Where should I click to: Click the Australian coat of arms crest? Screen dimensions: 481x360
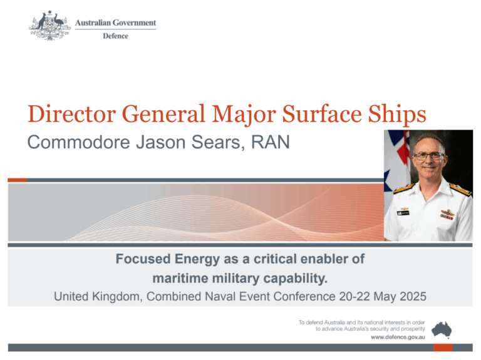(x=49, y=26)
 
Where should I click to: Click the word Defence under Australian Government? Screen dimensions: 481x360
(x=116, y=36)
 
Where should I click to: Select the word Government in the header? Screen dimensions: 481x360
(x=135, y=23)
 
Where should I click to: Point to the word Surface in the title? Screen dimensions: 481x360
(x=322, y=114)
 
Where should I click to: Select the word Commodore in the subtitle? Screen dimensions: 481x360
(x=78, y=142)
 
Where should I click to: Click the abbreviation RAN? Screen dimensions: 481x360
(x=271, y=142)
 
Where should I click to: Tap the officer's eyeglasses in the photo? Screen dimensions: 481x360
(x=429, y=156)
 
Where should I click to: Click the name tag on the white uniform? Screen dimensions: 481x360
(x=403, y=212)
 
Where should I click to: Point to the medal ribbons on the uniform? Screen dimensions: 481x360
(x=447, y=217)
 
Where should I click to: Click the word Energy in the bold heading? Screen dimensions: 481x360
(x=197, y=259)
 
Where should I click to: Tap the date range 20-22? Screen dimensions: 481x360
(x=354, y=297)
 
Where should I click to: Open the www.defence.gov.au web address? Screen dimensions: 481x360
(x=398, y=337)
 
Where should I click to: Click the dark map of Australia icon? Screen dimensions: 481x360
(x=442, y=330)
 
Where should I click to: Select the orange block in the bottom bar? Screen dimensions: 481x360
(x=443, y=347)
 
